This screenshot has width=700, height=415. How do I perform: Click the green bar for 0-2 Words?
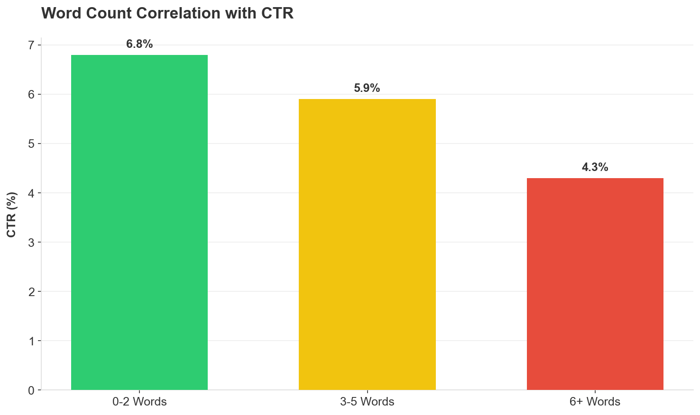(x=139, y=222)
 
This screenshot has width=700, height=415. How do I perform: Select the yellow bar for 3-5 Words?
(x=367, y=244)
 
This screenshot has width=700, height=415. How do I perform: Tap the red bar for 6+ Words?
(x=595, y=284)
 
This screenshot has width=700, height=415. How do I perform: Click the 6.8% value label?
(x=139, y=45)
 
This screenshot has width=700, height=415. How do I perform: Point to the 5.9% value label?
(x=367, y=88)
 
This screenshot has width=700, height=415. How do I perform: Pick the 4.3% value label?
(x=595, y=167)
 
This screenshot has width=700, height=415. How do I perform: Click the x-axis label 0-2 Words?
(x=139, y=402)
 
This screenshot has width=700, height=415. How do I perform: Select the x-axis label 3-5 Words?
(x=367, y=402)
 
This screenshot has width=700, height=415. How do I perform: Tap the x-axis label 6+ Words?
(x=595, y=402)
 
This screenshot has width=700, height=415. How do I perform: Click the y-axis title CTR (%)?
(x=12, y=215)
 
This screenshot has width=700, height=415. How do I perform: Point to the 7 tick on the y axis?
(x=31, y=45)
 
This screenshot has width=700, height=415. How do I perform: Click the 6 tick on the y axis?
(x=31, y=95)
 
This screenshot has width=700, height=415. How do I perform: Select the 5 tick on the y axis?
(x=31, y=144)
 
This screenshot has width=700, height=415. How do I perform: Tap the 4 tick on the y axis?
(x=31, y=193)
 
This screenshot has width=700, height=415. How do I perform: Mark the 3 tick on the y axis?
(x=31, y=243)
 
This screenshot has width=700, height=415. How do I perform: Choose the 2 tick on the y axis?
(x=31, y=292)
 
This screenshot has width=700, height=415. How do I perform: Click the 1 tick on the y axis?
(x=31, y=341)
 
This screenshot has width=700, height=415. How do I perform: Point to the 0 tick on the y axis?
(x=31, y=390)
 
